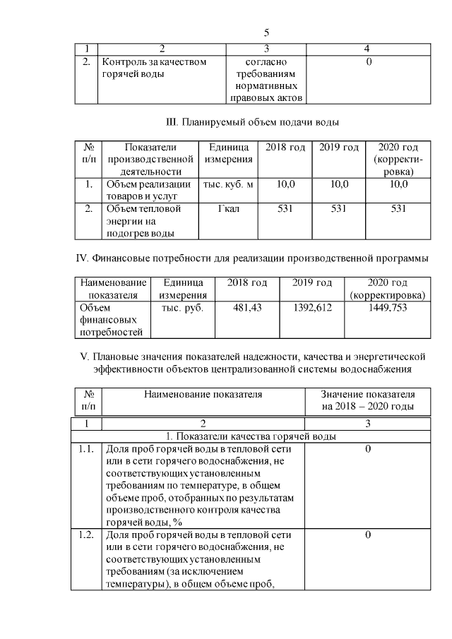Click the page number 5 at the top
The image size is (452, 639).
266,33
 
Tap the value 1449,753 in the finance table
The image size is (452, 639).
388,309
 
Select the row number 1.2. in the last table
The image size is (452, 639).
88,535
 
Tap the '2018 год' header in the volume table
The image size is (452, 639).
285,147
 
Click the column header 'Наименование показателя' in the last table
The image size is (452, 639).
203,395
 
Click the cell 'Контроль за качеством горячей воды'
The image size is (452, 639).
155,68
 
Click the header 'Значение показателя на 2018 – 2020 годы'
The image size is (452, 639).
368,400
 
